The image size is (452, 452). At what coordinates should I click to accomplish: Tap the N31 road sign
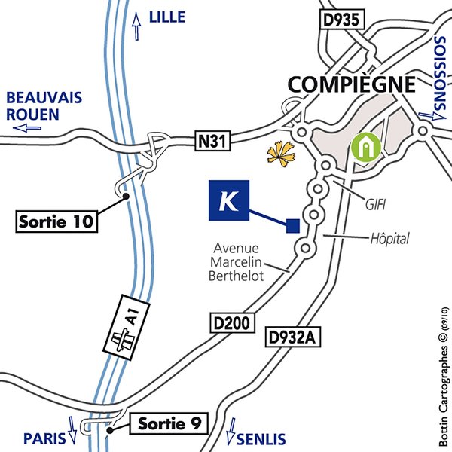pyautogui.click(x=213, y=139)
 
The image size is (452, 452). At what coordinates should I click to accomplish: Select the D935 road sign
pyautogui.click(x=342, y=20)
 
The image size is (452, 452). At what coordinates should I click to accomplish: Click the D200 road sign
pyautogui.click(x=231, y=324)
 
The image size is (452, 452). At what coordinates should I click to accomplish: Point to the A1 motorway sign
pyautogui.click(x=126, y=327)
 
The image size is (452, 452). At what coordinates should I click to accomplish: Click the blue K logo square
pyautogui.click(x=228, y=201)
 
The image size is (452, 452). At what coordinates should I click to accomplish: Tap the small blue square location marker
pyautogui.click(x=293, y=224)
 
